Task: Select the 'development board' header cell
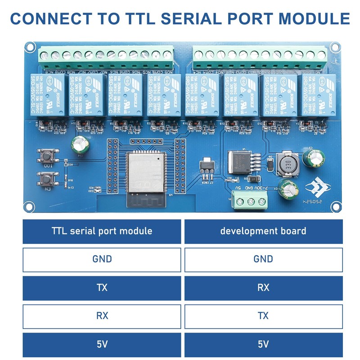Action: pyautogui.click(x=263, y=231)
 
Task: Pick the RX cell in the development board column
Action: pyautogui.click(x=263, y=288)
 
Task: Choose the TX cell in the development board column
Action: pyautogui.click(x=263, y=316)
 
